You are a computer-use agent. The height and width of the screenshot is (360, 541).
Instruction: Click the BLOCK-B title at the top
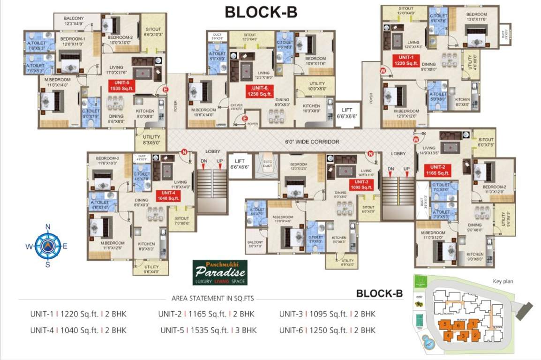pos(261,12)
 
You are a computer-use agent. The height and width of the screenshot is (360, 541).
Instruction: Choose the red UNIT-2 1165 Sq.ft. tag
pos(437,170)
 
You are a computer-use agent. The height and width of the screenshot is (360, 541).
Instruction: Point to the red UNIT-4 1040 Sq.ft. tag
pos(168,195)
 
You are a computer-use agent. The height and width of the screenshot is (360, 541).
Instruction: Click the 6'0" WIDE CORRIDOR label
pos(312,141)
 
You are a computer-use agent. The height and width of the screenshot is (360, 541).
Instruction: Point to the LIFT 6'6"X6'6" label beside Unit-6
pos(347,112)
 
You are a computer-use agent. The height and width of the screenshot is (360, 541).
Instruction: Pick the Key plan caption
pos(503,282)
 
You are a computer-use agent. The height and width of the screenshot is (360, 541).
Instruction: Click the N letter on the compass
pos(47,227)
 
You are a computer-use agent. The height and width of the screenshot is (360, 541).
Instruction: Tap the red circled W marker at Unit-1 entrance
pos(383,71)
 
